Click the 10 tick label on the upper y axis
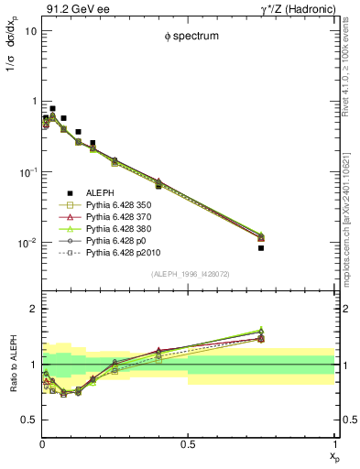[30, 30]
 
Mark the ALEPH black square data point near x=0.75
[261, 247]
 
